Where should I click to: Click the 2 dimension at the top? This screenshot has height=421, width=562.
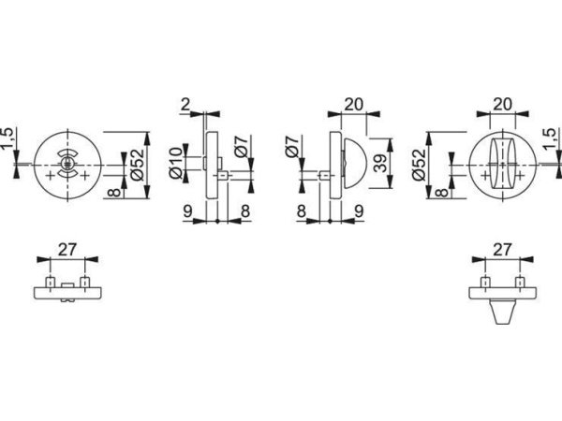[187, 103]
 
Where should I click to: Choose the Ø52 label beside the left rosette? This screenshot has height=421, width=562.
[138, 165]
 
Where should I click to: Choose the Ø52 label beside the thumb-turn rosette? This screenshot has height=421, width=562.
[419, 165]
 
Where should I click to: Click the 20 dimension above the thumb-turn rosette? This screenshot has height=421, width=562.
[501, 104]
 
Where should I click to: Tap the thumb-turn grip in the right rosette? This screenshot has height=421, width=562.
[501, 164]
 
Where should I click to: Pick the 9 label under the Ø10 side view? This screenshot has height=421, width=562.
[188, 211]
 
